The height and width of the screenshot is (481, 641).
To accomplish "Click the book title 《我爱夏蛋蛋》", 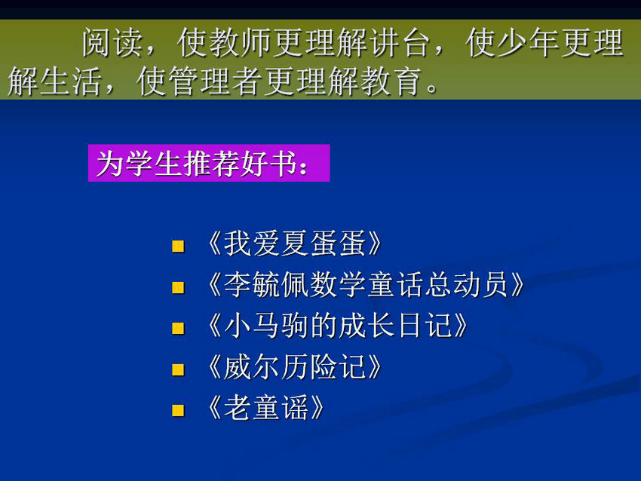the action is [294, 244].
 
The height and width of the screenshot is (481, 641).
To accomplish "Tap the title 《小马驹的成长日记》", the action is [337, 326].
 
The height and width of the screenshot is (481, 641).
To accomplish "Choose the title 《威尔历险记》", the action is [294, 367].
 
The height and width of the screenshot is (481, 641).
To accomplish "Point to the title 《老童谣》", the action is [265, 408].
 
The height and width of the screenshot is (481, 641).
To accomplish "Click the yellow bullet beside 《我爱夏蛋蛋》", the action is [178, 247].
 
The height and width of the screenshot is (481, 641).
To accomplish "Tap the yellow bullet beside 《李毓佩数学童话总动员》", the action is [178, 288].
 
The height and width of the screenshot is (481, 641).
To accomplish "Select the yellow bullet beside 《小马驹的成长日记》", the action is [178, 329].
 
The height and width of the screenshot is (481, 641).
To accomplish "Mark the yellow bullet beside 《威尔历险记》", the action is [178, 370].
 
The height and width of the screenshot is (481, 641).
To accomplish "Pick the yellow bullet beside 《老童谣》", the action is [178, 410].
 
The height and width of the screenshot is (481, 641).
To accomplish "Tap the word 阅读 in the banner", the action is [112, 42].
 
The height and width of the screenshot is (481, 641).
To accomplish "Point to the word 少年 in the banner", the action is [529, 42].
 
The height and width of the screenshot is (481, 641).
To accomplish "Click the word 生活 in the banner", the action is [71, 81].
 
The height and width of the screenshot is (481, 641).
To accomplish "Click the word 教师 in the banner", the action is [241, 42].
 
